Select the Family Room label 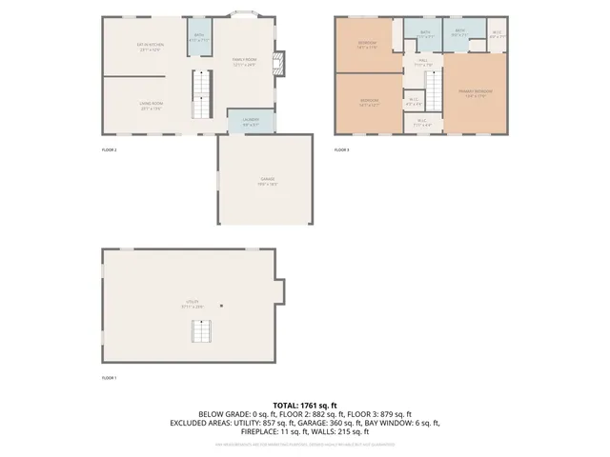[x=245, y=61]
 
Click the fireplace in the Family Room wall [x=279, y=65]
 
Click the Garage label [x=264, y=182]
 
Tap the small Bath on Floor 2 [x=199, y=39]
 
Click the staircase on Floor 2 [x=201, y=93]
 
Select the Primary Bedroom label [x=474, y=93]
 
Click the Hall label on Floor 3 [x=421, y=62]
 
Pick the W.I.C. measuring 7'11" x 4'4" [x=423, y=122]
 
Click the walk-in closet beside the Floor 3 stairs [x=413, y=101]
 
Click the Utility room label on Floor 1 [x=193, y=306]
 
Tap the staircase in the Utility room [x=201, y=332]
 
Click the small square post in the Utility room [x=221, y=307]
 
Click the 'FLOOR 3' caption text [x=341, y=150]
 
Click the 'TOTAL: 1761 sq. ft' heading [x=304, y=406]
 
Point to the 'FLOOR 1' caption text [x=109, y=378]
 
